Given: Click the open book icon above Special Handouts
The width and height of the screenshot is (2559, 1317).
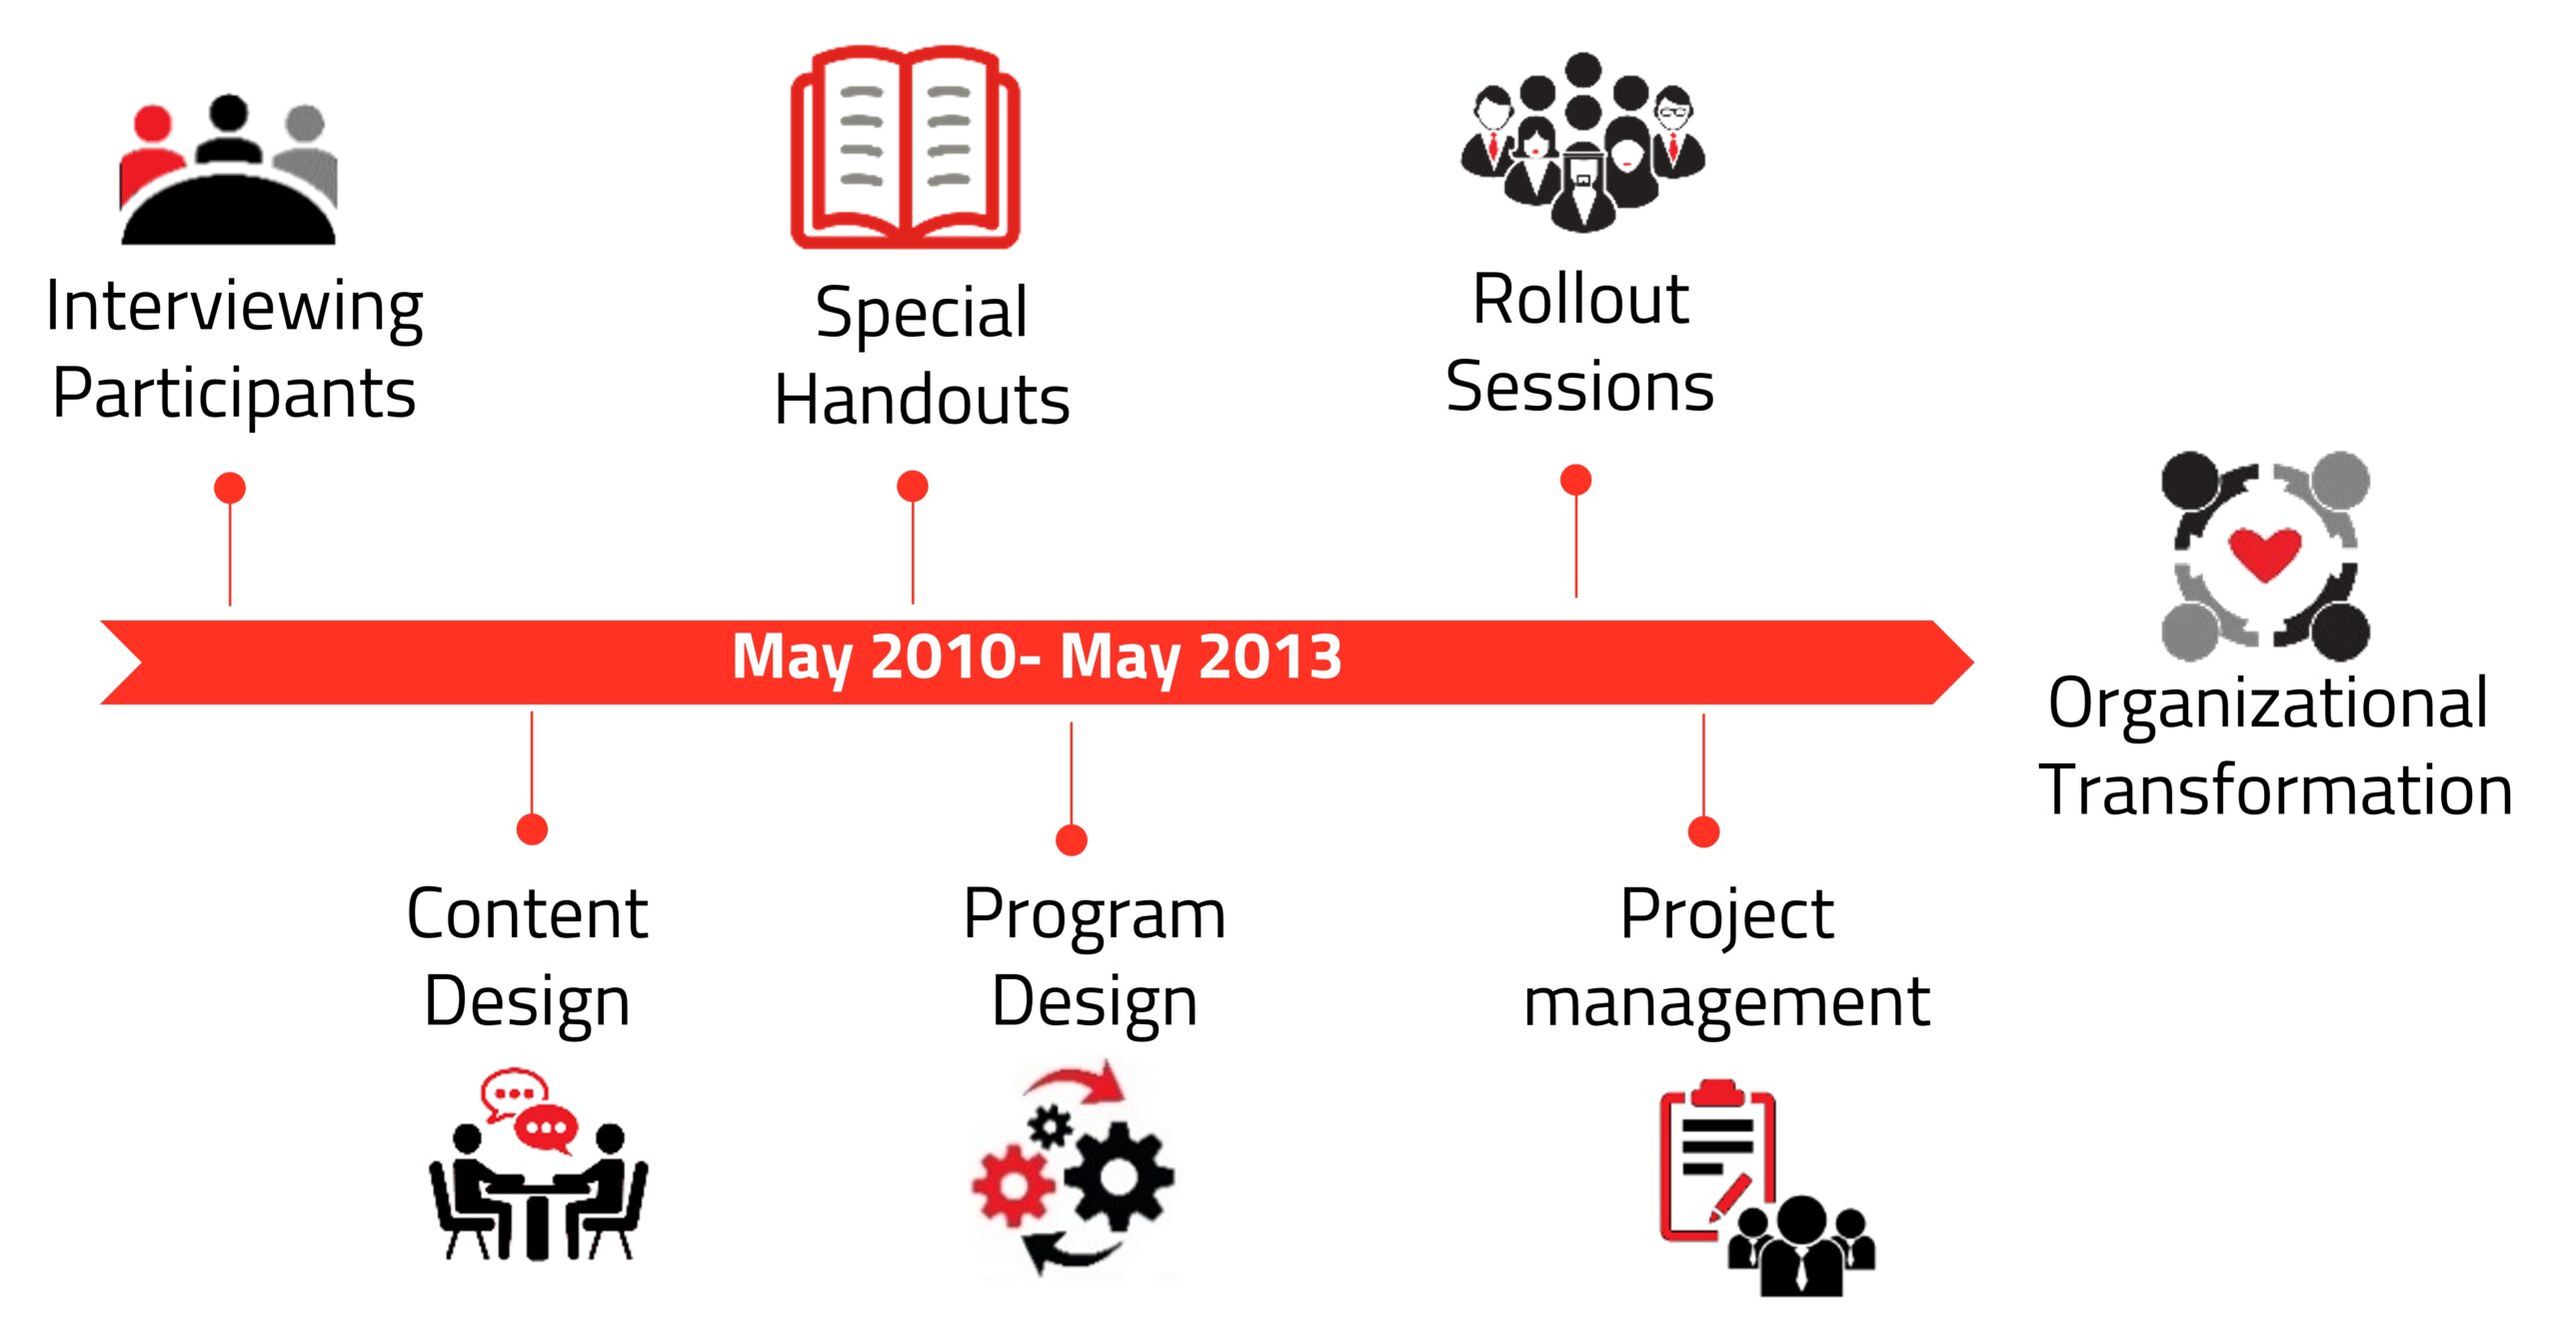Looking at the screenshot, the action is pos(906,147).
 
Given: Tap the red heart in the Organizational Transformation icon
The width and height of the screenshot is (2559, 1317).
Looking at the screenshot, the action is pos(2265,553).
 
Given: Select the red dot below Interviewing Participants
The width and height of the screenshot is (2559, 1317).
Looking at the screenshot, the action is pos(230,488).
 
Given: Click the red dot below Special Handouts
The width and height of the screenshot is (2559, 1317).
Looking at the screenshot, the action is pos(913,487).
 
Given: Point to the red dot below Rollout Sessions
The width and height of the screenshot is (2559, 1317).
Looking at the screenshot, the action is pos(1576,480).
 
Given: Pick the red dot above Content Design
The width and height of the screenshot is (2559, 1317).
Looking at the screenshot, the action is pos(532,829).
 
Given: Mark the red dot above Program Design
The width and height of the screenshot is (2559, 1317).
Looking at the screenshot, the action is pos(1072,840).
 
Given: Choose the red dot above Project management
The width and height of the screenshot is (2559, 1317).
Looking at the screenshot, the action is pos(1703,831).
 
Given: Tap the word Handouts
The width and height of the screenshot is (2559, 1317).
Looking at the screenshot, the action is pos(923,400).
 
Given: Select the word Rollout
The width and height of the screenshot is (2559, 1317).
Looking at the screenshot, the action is pos(1580,299).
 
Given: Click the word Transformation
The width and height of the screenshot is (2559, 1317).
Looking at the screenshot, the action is pos(2276,789).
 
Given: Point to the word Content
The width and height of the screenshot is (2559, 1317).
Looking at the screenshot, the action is pos(528,913).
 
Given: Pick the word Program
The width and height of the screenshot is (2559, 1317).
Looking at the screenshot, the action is pos(1095,917).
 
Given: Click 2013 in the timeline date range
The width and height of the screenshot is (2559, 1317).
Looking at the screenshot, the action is pos(1270,657).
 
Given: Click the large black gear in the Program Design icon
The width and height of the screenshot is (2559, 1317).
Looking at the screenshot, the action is pos(1119,1175).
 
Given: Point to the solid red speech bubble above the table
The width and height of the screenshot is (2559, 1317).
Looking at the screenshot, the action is pos(546,1129).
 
